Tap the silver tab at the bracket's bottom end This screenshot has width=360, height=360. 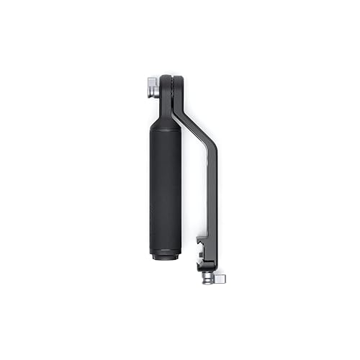220,276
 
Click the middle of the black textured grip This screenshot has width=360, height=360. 163,187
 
